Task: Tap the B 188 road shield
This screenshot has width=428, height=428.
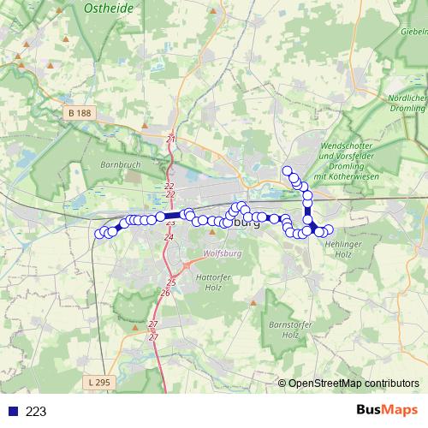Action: pos(80,113)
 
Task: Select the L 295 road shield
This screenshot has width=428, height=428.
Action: pos(100,380)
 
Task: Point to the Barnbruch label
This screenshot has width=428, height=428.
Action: pos(119,163)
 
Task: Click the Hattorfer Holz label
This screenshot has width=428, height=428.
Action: pos(214,282)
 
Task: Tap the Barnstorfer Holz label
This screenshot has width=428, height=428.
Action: pos(289,330)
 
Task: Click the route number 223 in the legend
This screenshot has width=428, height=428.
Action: pos(36,411)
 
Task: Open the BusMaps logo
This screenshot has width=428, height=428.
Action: pos(386,410)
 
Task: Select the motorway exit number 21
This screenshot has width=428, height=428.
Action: pos(171,139)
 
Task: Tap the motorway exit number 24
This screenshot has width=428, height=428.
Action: pos(169,236)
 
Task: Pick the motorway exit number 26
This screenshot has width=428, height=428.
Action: pos(165,293)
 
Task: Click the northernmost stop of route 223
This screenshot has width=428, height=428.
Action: pos(288,170)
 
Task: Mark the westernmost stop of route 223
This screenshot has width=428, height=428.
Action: pos(99,233)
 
